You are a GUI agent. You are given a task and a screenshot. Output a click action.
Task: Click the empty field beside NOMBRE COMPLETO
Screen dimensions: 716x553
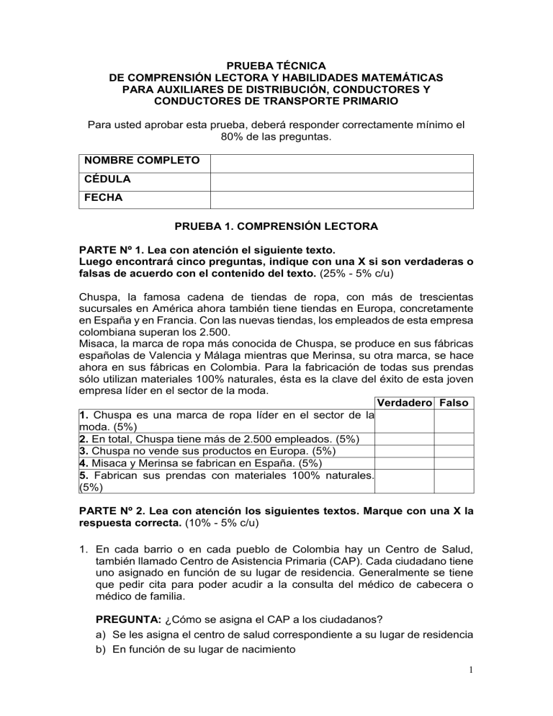(341, 164)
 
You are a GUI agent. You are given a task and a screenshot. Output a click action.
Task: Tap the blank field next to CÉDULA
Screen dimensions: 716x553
(341, 182)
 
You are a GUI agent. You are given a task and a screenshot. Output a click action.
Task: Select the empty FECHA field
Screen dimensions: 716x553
(341, 200)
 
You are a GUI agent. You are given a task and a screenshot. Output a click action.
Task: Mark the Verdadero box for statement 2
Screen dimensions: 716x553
(404, 439)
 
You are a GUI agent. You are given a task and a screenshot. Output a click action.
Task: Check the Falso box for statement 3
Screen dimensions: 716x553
(454, 452)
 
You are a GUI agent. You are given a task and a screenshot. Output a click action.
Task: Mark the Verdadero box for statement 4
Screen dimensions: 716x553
(404, 464)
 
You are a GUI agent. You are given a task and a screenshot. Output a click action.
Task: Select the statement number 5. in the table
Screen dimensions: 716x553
(84, 476)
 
